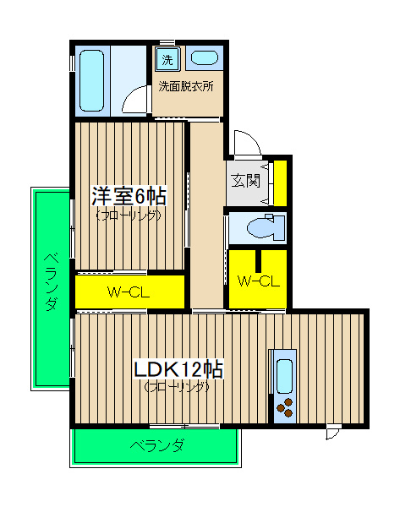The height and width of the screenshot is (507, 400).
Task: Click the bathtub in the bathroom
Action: click(92, 80)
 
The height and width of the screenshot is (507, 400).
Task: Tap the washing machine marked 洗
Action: click(167, 59)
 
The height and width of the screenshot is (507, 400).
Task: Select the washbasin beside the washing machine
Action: click(204, 58)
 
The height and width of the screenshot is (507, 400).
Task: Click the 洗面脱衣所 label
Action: click(186, 86)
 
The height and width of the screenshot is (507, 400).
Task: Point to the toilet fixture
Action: click(266, 227)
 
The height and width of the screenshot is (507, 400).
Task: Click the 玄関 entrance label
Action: click(245, 181)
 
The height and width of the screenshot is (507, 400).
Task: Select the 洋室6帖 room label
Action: click(129, 196)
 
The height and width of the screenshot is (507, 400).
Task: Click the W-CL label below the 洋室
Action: click(129, 292)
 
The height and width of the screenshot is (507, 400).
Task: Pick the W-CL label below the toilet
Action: click(258, 281)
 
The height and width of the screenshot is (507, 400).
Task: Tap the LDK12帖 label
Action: click(178, 369)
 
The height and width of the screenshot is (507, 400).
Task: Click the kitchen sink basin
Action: click(285, 376)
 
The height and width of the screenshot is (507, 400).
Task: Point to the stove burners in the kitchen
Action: click(285, 407)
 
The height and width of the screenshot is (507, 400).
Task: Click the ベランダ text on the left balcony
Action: click(52, 282)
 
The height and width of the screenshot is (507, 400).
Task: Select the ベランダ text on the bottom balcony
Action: click(157, 445)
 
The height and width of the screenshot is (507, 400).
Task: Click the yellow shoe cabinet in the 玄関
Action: click(280, 183)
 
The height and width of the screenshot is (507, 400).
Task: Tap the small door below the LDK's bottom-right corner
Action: click(333, 433)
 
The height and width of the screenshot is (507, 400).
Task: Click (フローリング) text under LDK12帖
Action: click(177, 386)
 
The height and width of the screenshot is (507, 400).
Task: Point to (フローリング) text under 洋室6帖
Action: click(129, 215)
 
